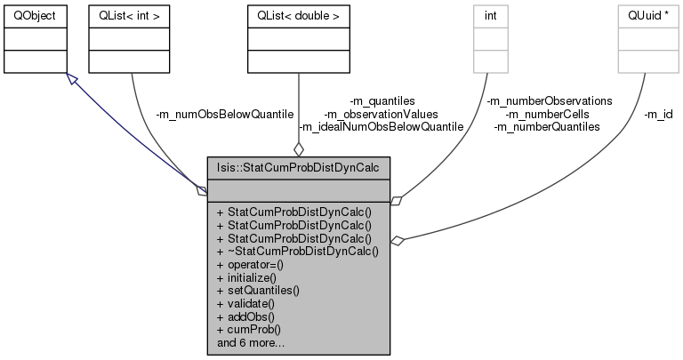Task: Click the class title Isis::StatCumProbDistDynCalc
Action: [x=298, y=166]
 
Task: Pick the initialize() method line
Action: [x=248, y=277]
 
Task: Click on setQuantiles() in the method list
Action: [x=258, y=290]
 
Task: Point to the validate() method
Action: [x=245, y=302]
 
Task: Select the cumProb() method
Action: [x=247, y=327]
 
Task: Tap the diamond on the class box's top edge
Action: [x=299, y=149]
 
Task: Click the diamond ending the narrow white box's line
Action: [x=396, y=201]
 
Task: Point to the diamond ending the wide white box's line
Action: [x=397, y=240]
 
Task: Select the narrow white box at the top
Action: [x=490, y=38]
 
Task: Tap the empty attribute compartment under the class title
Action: [x=298, y=189]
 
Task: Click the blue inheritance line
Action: [x=133, y=132]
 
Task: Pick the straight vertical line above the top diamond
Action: [x=299, y=107]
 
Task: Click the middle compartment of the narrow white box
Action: [x=490, y=38]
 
